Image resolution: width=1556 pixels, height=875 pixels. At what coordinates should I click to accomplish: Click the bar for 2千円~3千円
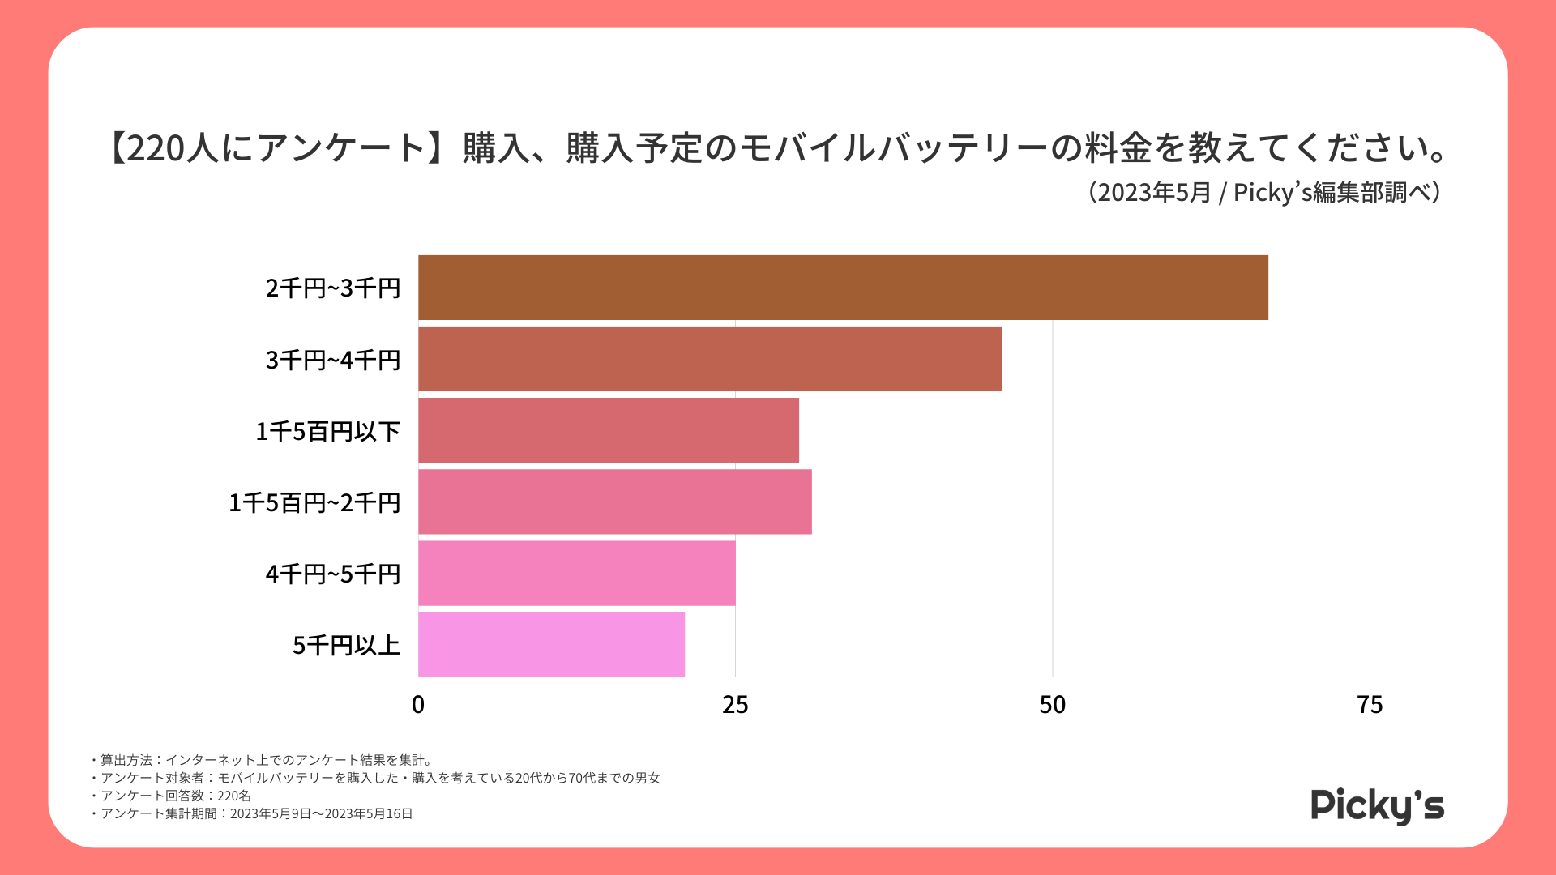(843, 288)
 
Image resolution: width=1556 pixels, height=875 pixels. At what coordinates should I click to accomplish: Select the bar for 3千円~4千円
(710, 359)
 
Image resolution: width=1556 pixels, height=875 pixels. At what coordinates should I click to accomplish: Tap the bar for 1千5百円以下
(608, 430)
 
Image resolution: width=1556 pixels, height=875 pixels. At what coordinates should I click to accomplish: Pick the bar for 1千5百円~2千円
(614, 502)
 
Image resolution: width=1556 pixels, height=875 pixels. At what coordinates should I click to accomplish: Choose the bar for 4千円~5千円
(576, 573)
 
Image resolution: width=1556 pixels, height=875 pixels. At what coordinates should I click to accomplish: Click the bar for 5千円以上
(551, 644)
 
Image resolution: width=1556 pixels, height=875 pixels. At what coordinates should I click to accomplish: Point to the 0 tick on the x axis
(418, 705)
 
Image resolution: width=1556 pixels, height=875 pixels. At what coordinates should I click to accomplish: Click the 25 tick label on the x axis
(735, 705)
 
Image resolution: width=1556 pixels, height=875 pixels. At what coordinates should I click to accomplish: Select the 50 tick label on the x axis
(1052, 705)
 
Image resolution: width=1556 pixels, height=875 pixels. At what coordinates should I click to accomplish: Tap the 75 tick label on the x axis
(1370, 705)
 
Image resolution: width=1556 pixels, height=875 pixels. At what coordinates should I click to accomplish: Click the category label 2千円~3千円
(333, 288)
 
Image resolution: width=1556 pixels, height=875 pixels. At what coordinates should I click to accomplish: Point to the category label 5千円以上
(346, 646)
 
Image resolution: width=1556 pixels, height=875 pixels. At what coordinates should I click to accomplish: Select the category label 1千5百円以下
(327, 431)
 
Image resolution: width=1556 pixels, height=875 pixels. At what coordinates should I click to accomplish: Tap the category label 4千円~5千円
(333, 574)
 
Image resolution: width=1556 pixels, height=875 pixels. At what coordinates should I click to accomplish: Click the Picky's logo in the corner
(1377, 805)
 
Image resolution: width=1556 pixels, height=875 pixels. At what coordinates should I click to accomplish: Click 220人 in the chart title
(168, 148)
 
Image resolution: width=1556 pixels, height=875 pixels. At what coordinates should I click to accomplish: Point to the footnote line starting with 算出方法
(263, 760)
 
